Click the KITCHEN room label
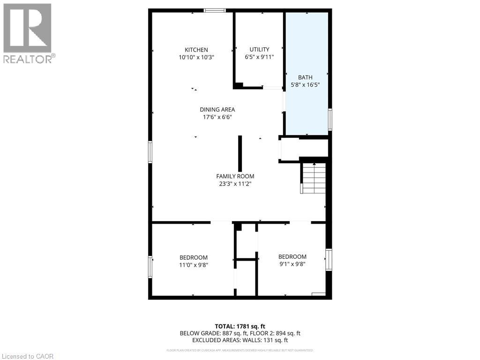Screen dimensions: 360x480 click(196, 50)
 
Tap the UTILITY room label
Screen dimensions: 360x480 click(259, 49)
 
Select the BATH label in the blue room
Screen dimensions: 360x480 click(305, 77)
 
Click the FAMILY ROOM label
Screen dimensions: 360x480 click(235, 176)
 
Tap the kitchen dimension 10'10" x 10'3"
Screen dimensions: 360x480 click(196, 57)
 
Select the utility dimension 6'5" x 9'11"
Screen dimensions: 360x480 click(259, 57)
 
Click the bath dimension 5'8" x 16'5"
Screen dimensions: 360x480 click(305, 85)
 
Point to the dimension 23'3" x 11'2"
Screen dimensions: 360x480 click(235, 184)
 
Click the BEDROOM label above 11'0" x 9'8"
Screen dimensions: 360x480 click(193, 257)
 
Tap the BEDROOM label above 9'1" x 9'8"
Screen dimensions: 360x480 click(292, 256)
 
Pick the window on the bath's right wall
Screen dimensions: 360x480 click(330, 119)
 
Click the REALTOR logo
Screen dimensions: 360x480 click(28, 33)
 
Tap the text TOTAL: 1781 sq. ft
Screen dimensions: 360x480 click(240, 326)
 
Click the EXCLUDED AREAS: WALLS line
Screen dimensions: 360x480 click(240, 341)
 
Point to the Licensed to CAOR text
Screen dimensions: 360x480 click(28, 356)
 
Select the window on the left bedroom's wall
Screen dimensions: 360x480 click(150, 267)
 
